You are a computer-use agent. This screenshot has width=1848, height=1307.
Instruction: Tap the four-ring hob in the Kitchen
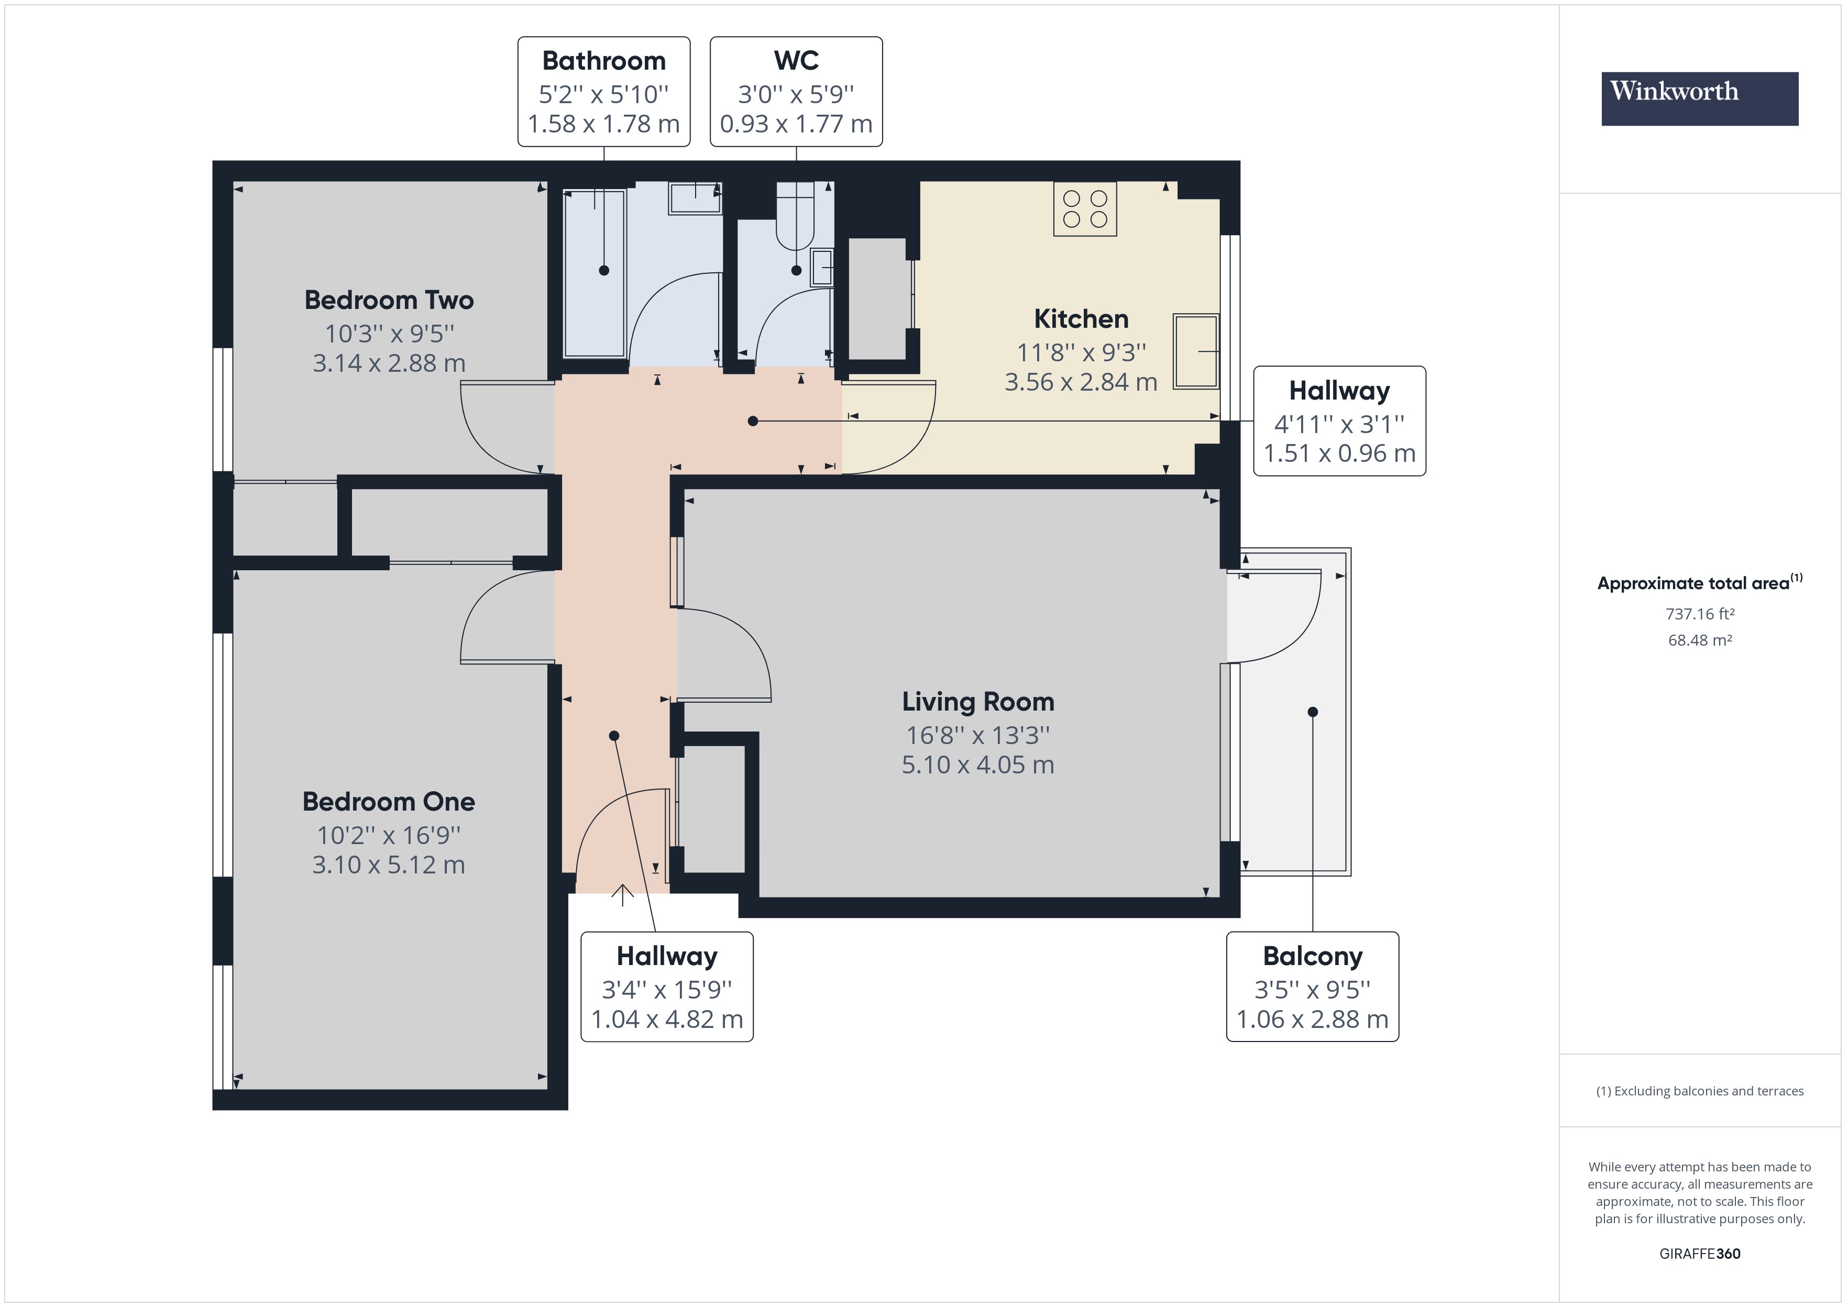coord(1084,208)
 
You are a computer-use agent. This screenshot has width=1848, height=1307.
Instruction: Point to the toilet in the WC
coord(795,217)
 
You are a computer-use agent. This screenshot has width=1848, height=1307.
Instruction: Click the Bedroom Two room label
coord(389,300)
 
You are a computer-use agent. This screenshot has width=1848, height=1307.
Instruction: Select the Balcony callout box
coord(1312,987)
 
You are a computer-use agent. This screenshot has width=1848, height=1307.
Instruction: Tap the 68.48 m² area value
coord(1699,640)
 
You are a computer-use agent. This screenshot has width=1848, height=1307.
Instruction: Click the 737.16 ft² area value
coord(1699,614)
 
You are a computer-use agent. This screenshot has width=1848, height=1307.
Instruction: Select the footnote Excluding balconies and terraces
coord(1699,1091)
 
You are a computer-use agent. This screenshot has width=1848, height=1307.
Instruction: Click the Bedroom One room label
coord(389,802)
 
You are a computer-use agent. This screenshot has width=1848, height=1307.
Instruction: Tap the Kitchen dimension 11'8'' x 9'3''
coord(1081,352)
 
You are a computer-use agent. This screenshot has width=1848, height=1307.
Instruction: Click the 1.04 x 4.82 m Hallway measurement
coord(666,1020)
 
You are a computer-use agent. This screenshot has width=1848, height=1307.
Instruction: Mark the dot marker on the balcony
coord(1312,712)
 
